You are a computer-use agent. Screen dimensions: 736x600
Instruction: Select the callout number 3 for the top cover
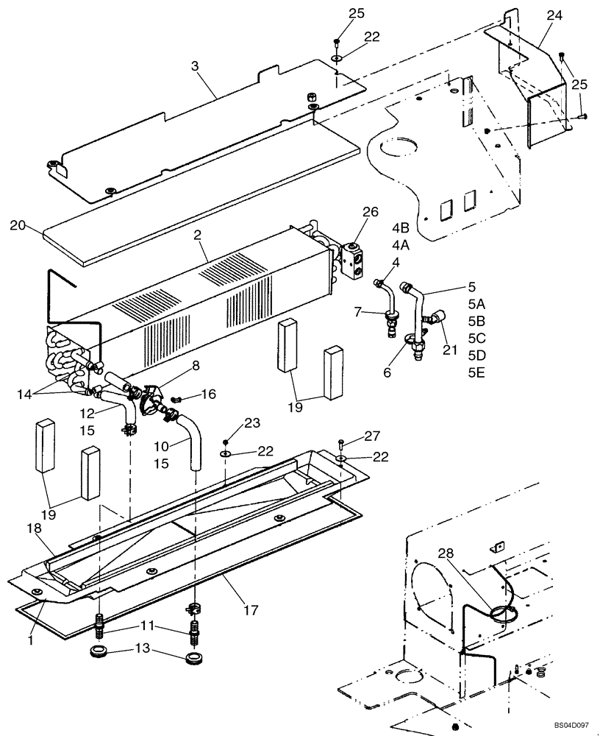(195, 66)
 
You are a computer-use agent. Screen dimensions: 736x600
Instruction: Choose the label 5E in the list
(476, 373)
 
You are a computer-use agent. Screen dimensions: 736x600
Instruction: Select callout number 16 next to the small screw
(208, 394)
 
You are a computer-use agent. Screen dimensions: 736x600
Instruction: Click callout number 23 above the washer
(252, 423)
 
